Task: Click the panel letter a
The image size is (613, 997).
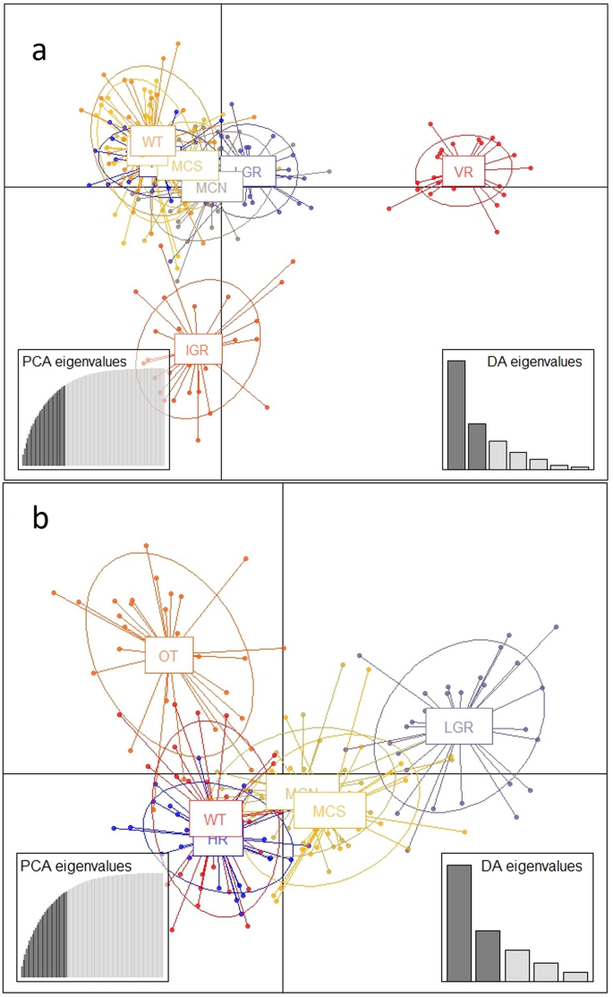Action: click(38, 51)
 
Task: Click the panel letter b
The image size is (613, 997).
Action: click(39, 520)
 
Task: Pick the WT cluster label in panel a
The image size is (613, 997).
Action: click(152, 141)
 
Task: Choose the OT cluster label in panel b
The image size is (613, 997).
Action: click(169, 655)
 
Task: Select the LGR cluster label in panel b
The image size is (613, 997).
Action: click(460, 726)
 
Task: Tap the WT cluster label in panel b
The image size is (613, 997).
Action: click(214, 818)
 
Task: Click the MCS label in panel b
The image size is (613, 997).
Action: click(328, 810)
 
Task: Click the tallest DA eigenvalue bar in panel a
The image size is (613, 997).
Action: click(456, 413)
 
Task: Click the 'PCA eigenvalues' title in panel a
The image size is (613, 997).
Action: click(75, 361)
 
